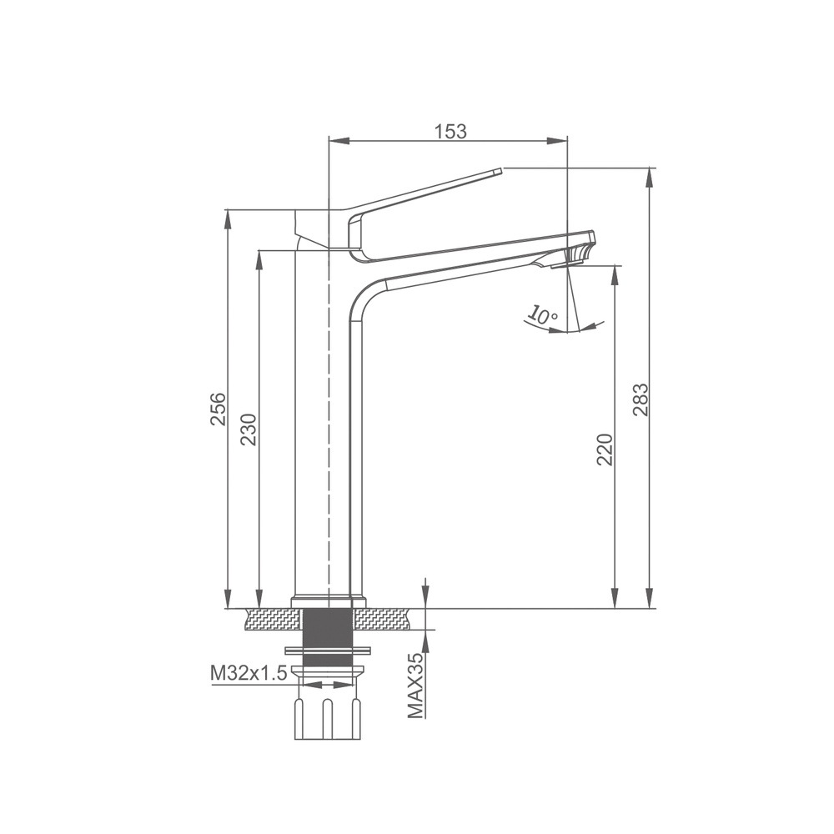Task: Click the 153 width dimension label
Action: pos(451,131)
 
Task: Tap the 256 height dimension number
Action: pos(218,409)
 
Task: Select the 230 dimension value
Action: pos(249,430)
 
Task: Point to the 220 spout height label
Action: pos(605,450)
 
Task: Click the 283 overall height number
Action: pos(641,399)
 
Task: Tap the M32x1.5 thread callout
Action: pos(249,673)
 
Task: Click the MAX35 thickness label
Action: pos(416,686)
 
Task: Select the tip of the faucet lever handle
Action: pos(500,171)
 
